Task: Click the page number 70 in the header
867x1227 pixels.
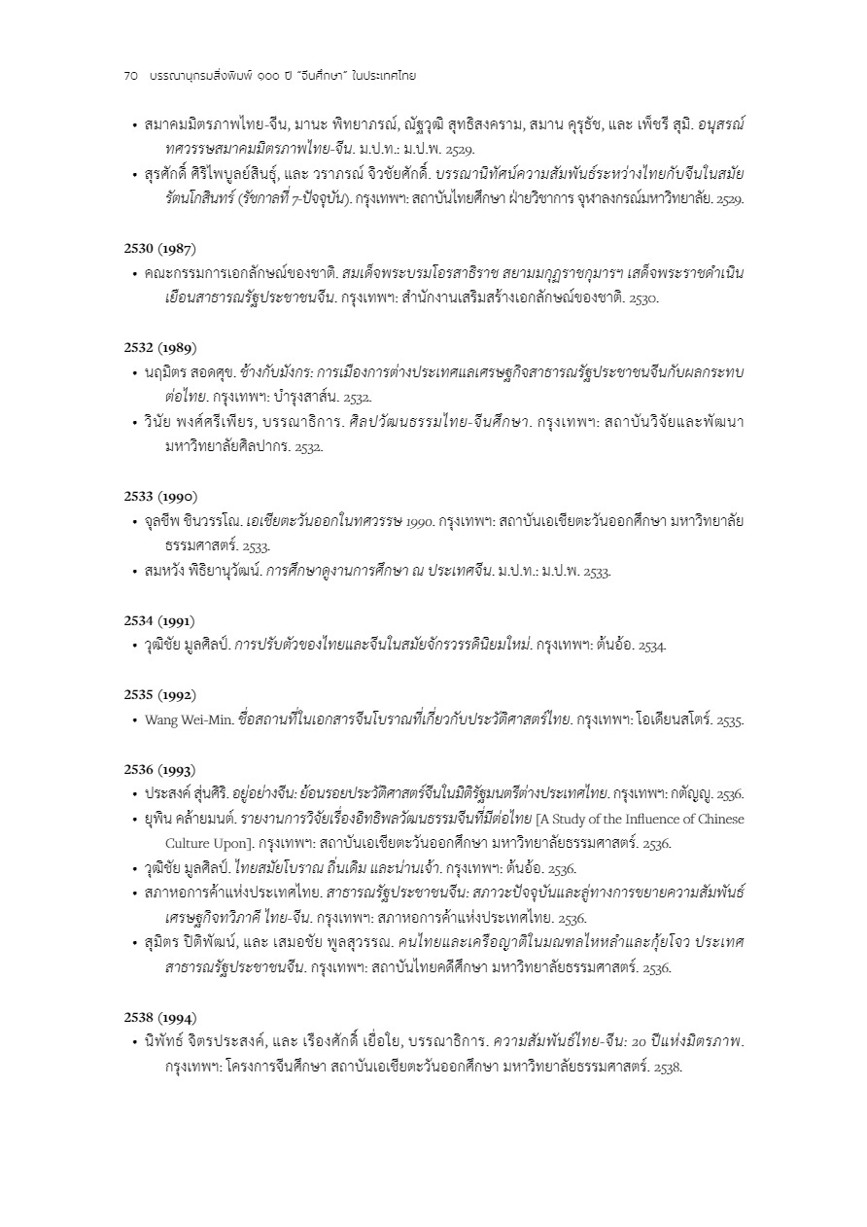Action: click(x=131, y=76)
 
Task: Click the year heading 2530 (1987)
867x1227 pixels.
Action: click(x=159, y=248)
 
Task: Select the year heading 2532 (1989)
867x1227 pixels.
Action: click(x=159, y=347)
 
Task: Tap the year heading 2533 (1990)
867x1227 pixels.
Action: click(x=159, y=496)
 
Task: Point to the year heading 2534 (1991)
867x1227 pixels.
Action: click(x=159, y=620)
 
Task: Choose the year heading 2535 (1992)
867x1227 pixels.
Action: click(x=159, y=694)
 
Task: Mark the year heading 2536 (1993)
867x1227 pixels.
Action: click(x=159, y=769)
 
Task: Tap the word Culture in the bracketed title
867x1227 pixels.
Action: click(x=189, y=843)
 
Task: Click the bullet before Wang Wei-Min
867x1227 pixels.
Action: click(x=134, y=720)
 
